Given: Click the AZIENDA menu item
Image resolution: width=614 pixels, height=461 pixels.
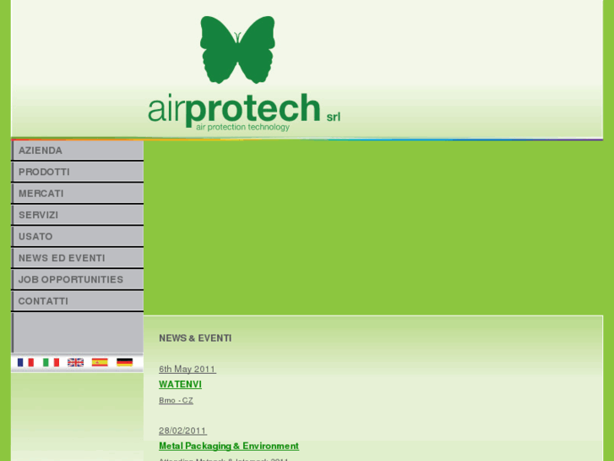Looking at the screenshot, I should [x=41, y=151].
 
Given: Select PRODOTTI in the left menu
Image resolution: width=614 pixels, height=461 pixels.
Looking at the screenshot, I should [x=44, y=172].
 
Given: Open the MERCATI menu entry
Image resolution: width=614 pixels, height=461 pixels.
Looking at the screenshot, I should [x=41, y=194].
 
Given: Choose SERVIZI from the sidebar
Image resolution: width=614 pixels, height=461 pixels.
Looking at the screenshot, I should [x=39, y=215].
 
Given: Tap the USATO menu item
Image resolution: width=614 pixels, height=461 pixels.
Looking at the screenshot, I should [x=35, y=237].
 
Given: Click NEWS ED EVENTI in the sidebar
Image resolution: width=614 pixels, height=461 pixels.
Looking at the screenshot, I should [x=62, y=258].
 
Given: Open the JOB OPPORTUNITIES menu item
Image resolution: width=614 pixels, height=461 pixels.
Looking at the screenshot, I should [x=71, y=279].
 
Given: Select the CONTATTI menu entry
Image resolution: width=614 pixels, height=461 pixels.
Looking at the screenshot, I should [x=43, y=301].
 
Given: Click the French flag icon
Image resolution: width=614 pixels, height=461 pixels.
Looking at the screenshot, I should [x=25, y=362].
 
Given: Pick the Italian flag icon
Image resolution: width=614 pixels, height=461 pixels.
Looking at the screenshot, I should [x=51, y=362].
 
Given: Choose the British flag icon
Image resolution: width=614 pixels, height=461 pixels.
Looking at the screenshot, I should [x=75, y=362].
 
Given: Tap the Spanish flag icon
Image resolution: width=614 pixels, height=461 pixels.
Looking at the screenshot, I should [x=100, y=362].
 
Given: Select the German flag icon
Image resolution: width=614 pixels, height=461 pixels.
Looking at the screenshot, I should [x=124, y=362].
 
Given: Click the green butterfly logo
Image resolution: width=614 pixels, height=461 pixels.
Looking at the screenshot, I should [x=237, y=50].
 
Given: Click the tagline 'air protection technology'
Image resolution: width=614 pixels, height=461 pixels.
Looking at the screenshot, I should [x=242, y=128].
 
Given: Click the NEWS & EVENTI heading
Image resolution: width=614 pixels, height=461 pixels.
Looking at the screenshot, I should [x=195, y=338].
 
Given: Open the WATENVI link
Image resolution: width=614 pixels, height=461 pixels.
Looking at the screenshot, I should [x=180, y=385].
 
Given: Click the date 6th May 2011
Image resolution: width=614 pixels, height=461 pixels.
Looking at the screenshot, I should [x=187, y=370].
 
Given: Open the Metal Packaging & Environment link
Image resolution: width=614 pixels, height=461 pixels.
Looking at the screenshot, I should [x=229, y=446].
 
